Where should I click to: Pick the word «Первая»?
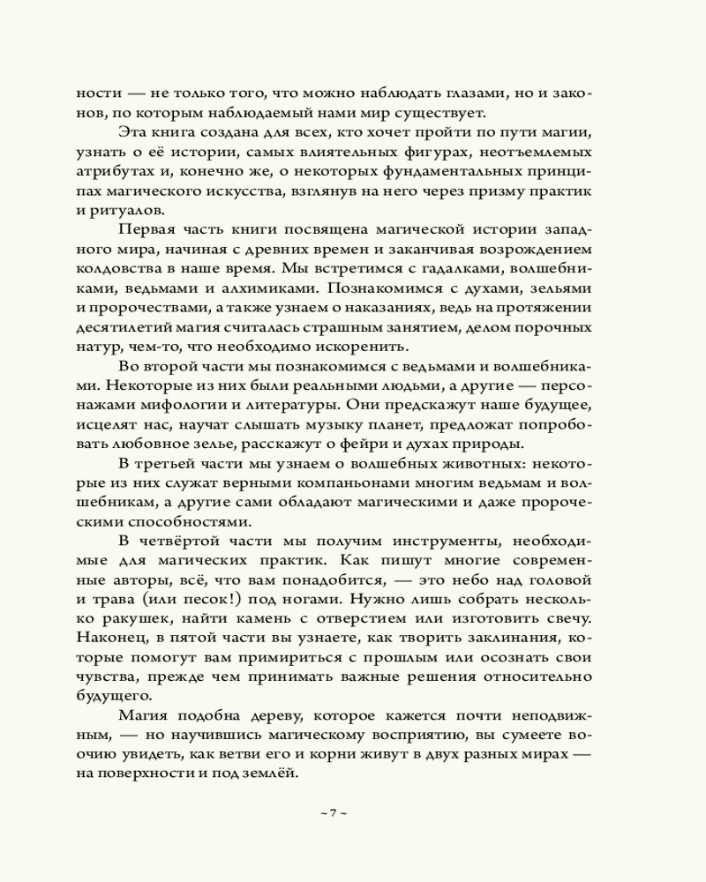click(145, 229)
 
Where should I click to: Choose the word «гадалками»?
click(475, 268)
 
